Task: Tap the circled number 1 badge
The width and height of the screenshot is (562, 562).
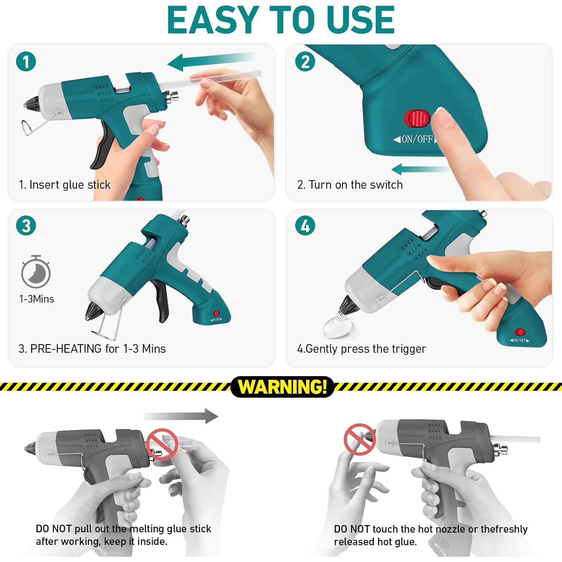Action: pyautogui.click(x=26, y=62)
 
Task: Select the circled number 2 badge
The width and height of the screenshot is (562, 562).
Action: pyautogui.click(x=305, y=62)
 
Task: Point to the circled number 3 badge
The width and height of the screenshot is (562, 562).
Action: pyautogui.click(x=26, y=226)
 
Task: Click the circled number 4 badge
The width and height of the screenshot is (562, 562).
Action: pyautogui.click(x=305, y=226)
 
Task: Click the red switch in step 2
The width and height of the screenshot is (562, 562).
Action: pyautogui.click(x=417, y=118)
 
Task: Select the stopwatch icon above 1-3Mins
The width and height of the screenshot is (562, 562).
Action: pyautogui.click(x=36, y=272)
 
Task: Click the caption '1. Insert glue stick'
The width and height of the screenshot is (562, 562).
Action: pyautogui.click(x=65, y=185)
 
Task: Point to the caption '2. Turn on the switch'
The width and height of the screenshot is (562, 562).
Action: pyautogui.click(x=350, y=185)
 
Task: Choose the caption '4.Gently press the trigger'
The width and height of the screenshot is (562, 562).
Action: pyautogui.click(x=362, y=349)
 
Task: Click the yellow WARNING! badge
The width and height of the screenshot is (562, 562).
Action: pyautogui.click(x=282, y=387)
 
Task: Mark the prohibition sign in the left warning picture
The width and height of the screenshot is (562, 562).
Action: pyautogui.click(x=162, y=444)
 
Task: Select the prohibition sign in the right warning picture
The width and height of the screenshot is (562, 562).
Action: pyautogui.click(x=359, y=439)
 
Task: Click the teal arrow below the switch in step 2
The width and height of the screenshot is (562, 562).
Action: pyautogui.click(x=420, y=169)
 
